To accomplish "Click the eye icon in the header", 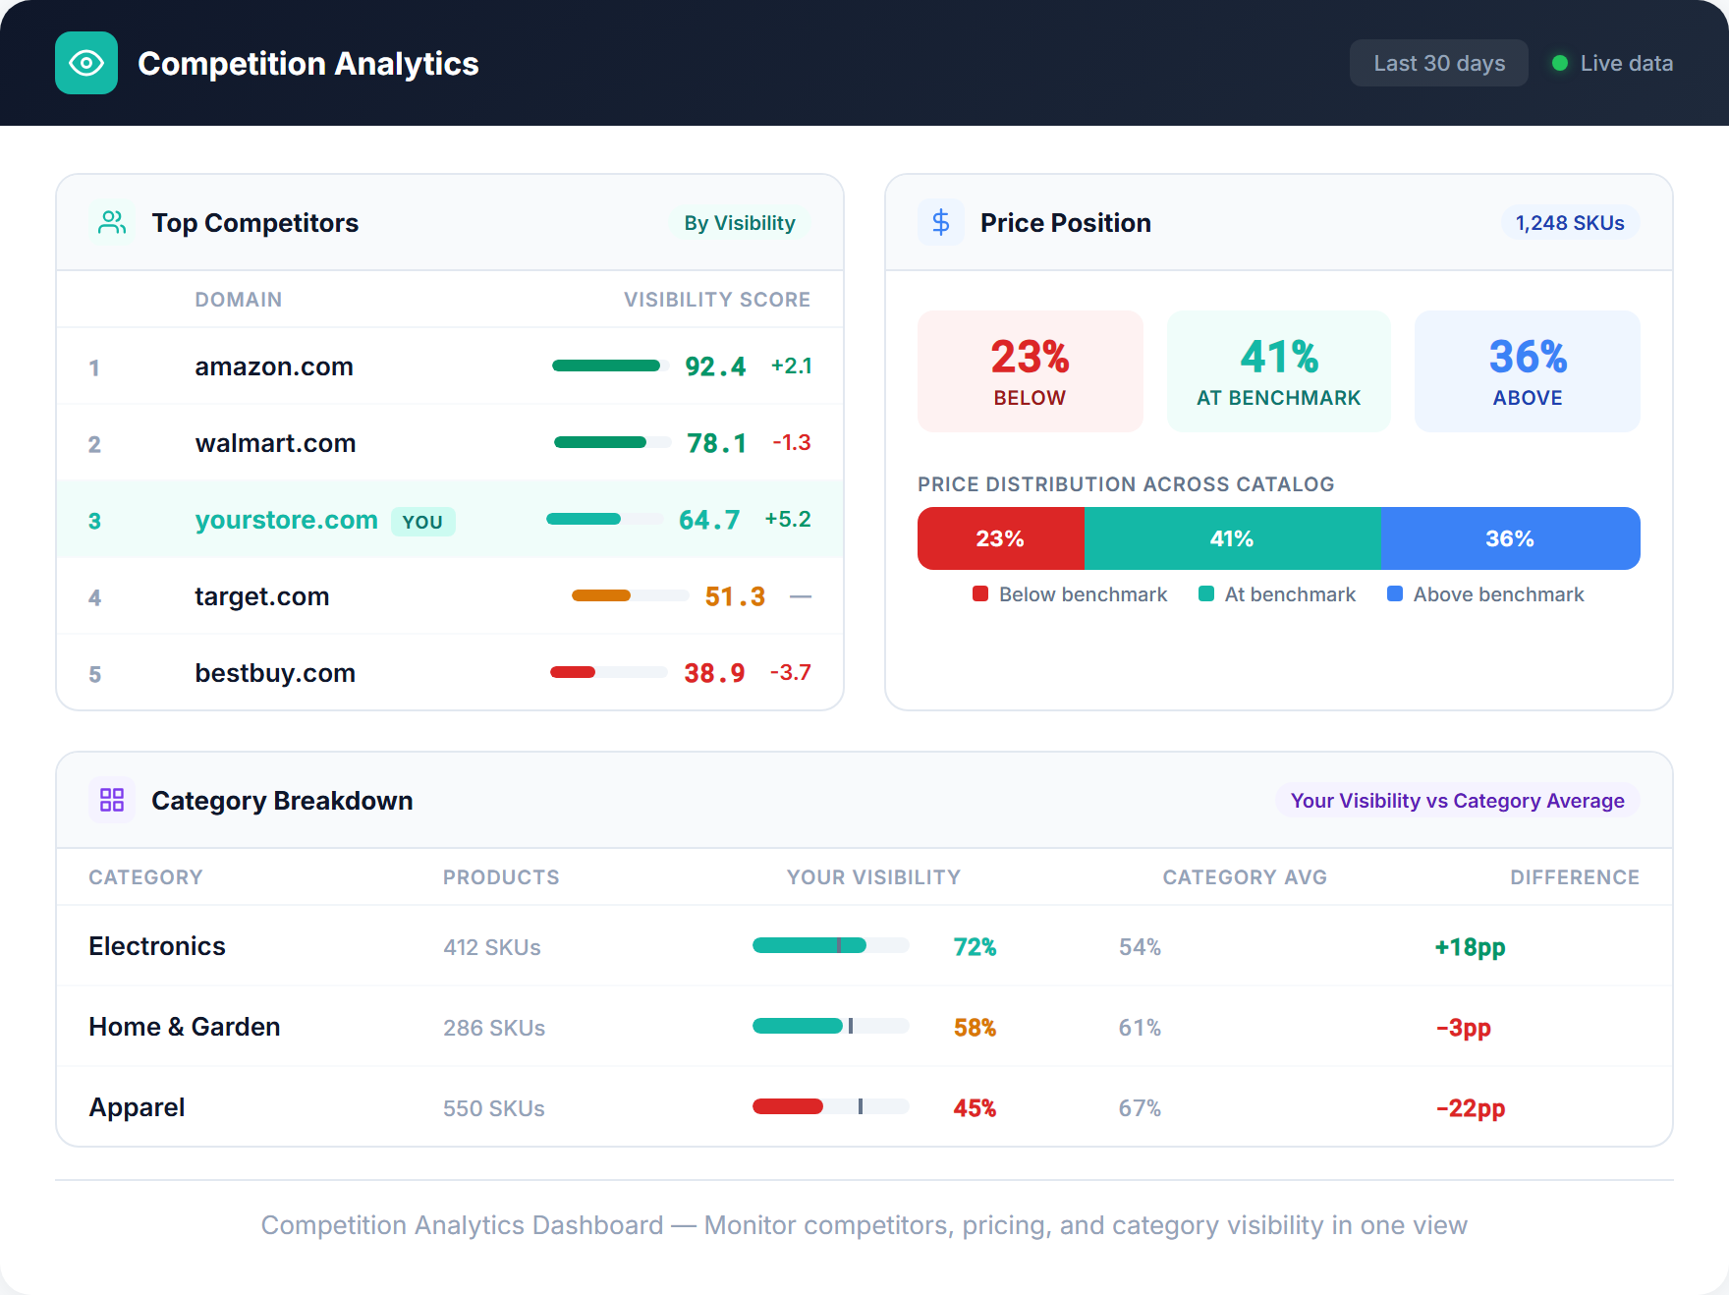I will click(86, 63).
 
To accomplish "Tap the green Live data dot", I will click(1559, 63).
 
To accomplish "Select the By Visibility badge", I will click(739, 223).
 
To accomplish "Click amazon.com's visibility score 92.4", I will click(715, 366).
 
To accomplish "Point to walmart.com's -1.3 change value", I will click(791, 442).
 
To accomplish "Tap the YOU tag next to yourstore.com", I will click(422, 522).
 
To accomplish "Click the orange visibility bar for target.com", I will click(601, 595).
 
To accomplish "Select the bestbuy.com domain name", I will click(275, 673).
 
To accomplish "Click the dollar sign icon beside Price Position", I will click(941, 222).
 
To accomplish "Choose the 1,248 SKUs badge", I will click(1569, 223).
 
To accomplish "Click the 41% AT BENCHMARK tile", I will click(1278, 371).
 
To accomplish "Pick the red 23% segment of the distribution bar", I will click(1000, 538).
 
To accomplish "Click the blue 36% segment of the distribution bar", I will click(1509, 538).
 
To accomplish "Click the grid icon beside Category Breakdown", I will click(112, 800).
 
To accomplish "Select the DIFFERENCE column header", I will click(1574, 877).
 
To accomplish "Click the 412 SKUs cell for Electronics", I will click(492, 947).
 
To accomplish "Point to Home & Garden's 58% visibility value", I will click(975, 1028).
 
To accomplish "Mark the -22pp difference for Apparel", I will click(1470, 1108).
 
